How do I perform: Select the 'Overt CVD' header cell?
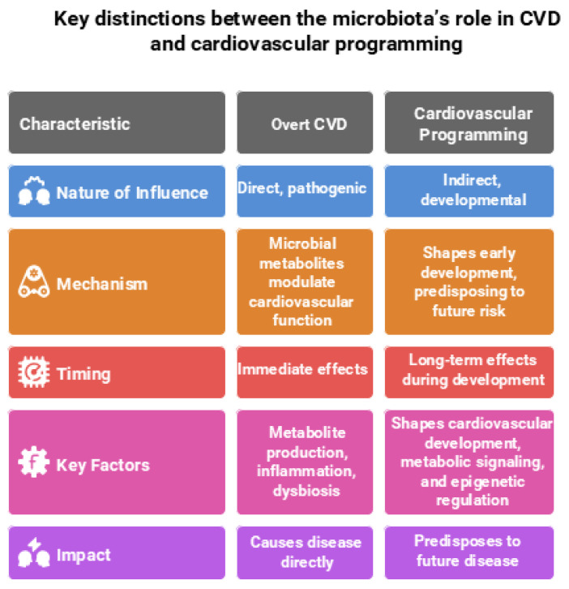coord(305,124)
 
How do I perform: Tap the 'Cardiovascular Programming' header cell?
coord(469,123)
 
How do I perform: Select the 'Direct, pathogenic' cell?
coord(302,188)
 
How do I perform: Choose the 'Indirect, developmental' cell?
coord(469,191)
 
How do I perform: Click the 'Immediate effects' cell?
coord(302,369)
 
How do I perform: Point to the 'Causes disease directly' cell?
coord(305,552)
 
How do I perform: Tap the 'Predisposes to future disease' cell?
coord(469,551)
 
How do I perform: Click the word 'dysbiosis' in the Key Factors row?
coord(305,491)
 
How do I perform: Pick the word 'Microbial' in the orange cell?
coord(305,244)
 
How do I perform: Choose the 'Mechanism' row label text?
coord(102,284)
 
